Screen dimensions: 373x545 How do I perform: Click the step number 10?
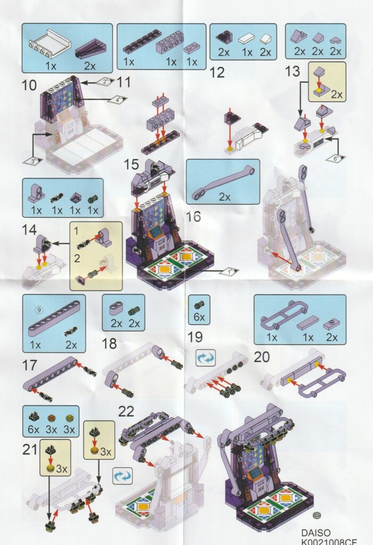(29, 85)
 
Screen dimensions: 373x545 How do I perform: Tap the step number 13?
(292, 71)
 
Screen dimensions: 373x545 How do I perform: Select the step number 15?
(131, 164)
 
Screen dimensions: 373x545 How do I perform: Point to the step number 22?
(126, 411)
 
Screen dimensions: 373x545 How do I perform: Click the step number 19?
(195, 337)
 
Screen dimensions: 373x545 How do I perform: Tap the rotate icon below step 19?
(205, 358)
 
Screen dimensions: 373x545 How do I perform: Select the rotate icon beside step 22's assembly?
(123, 476)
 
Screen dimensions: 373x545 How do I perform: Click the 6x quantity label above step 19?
(199, 317)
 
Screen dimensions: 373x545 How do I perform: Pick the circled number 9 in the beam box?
(39, 309)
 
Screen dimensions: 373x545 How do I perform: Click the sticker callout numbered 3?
(33, 161)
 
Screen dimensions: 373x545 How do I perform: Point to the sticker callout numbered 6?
(335, 158)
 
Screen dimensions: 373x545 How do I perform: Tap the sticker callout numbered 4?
(117, 100)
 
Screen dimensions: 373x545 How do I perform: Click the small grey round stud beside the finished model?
(317, 515)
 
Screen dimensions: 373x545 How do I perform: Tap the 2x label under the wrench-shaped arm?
(225, 197)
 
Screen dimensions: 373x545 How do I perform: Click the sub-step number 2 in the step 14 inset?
(77, 258)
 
